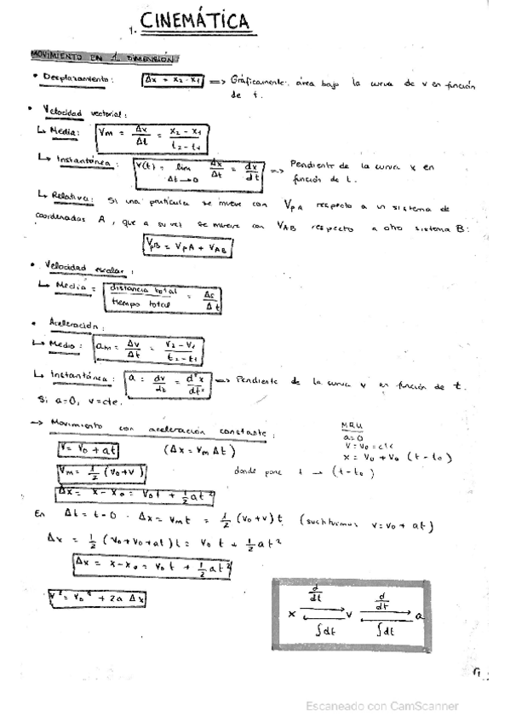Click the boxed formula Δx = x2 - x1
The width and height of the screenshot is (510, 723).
173,80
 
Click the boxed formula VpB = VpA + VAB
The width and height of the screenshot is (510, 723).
188,245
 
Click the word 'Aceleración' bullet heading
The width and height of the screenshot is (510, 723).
77,325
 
